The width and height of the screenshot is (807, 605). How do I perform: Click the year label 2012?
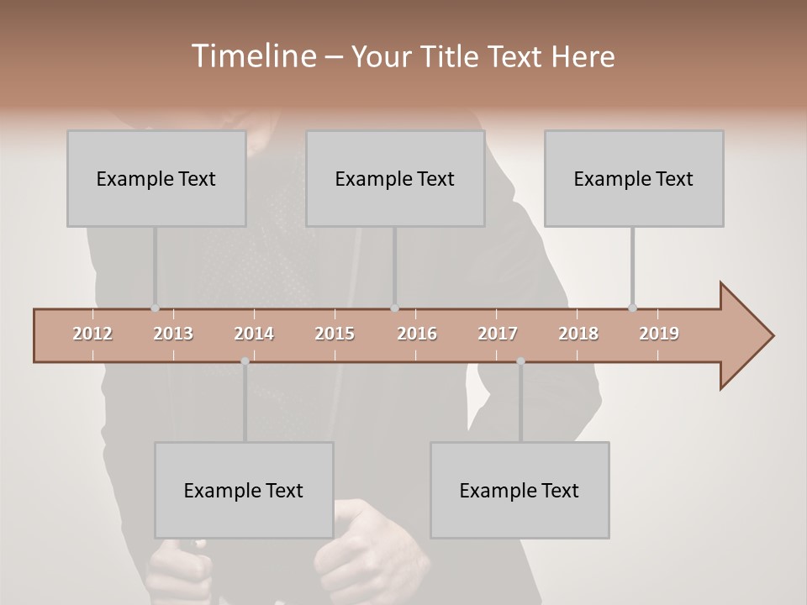92,334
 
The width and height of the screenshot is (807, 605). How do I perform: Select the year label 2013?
173,334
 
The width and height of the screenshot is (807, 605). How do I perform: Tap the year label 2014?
254,334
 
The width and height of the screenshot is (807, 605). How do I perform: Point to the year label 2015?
335,334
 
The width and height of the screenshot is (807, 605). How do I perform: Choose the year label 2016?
417,334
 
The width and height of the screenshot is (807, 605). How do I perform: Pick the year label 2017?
498,334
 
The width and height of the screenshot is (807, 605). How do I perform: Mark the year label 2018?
578,334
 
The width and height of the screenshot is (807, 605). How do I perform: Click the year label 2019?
659,334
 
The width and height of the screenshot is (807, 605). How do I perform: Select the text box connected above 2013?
156,178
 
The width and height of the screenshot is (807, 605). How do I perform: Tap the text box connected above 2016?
395,178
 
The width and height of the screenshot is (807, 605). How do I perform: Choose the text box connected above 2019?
634,178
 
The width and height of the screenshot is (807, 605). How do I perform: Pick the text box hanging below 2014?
244,490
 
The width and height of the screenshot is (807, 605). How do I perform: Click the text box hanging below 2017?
520,490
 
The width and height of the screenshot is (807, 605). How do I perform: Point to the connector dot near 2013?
155,308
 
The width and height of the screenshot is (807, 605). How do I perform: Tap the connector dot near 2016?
394,308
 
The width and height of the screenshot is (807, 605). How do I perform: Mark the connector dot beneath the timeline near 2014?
245,361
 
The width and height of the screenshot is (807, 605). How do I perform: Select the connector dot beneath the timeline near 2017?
520,361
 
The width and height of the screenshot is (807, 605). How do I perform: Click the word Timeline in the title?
253,56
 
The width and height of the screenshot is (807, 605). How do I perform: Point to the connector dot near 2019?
632,308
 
